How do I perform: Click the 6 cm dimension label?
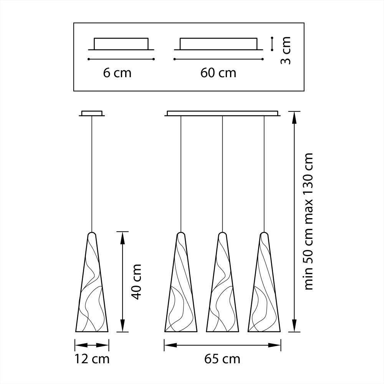(x=117, y=73)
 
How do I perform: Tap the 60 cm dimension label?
(x=218, y=73)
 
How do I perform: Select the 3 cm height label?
(x=285, y=50)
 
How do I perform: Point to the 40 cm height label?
(x=136, y=281)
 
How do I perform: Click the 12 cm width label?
(x=92, y=359)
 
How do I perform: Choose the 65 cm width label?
(x=222, y=359)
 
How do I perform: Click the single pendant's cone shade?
(x=92, y=292)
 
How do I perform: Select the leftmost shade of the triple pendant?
(x=181, y=292)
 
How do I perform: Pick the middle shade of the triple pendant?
(x=222, y=292)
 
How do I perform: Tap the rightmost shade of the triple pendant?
(x=264, y=292)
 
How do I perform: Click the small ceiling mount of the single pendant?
(x=92, y=113)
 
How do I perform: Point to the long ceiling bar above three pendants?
(x=223, y=113)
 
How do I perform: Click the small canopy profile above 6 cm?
(x=121, y=44)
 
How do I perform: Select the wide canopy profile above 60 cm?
(x=218, y=44)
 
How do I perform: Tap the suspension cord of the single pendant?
(x=92, y=173)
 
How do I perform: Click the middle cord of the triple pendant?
(x=222, y=173)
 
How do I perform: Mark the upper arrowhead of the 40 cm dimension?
(x=122, y=236)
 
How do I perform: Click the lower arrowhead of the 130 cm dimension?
(x=295, y=327)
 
